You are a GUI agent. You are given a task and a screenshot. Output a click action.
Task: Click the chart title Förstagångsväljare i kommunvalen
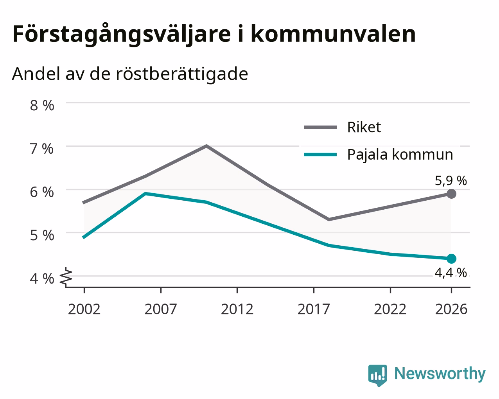coord(214,34)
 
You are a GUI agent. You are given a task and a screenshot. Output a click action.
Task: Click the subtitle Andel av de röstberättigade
coord(130,74)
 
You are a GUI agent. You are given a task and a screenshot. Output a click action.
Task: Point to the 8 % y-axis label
coord(42,106)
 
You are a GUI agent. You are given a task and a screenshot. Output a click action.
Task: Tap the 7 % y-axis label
coord(42,149)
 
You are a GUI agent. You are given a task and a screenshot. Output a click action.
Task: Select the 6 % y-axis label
coord(42,192)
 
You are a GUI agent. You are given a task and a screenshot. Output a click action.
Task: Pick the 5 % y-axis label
coord(42,235)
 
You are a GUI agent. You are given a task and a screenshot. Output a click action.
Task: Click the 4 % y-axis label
coord(42,279)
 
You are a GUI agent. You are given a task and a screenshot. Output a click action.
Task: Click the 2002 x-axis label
coord(84,309)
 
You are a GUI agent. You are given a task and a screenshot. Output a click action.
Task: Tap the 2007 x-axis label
coord(161,309)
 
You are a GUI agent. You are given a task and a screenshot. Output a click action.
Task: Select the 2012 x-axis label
coord(237,309)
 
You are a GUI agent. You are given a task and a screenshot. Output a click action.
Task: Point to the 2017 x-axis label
coord(314,309)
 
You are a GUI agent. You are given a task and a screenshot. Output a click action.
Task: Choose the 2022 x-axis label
coord(390,309)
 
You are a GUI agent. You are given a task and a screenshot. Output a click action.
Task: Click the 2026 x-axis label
coord(451,309)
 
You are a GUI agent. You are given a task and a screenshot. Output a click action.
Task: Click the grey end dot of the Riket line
coord(451,194)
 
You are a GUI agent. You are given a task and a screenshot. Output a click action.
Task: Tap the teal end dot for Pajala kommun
coord(451,259)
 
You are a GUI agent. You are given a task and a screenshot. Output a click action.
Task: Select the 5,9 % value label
coord(451,181)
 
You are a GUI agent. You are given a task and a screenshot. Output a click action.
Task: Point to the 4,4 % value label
coord(451,273)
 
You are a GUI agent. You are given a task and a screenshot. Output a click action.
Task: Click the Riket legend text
coord(364,127)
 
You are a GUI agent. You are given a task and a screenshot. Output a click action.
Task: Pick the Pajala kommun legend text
coord(400,155)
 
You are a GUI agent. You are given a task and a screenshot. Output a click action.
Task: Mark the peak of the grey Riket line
coord(206,146)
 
